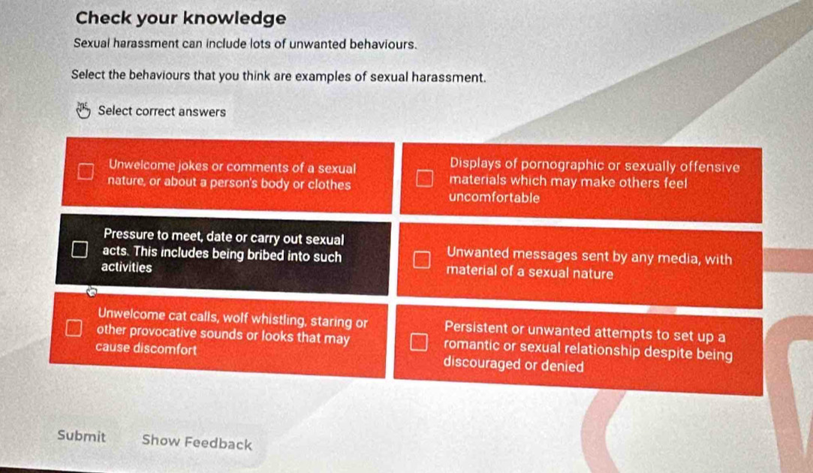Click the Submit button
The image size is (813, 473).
[81, 436]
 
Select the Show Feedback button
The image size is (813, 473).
[197, 442]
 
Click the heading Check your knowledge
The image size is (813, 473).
[180, 18]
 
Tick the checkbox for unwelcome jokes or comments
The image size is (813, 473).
[86, 171]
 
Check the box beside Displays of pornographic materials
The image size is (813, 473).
[423, 178]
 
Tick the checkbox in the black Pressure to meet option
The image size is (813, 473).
[80, 249]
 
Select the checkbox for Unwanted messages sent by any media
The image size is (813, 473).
[422, 259]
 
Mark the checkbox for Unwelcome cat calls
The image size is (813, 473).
[74, 328]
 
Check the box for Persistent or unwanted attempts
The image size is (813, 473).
[419, 342]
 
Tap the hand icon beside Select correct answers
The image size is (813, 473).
[83, 110]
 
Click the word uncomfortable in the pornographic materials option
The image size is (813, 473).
[494, 197]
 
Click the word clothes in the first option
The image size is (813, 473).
[330, 185]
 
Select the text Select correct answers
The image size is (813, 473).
[161, 112]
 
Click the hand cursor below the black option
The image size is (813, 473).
[92, 291]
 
